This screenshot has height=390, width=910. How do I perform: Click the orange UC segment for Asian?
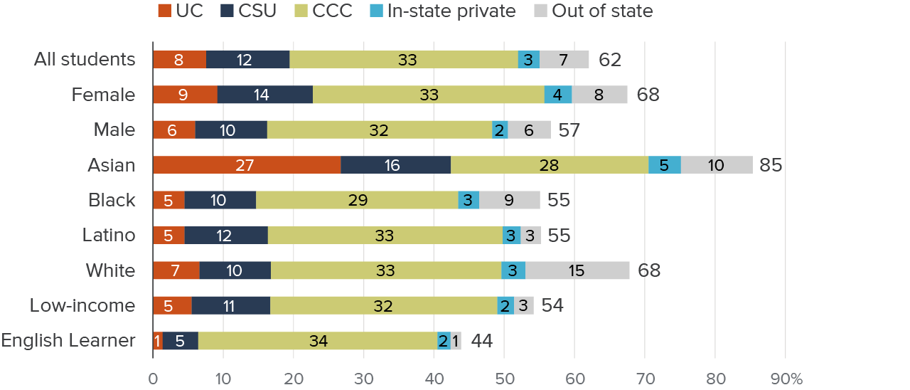(x=247, y=165)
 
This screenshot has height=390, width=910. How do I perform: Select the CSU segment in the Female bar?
(x=264, y=95)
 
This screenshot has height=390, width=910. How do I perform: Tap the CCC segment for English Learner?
(x=318, y=341)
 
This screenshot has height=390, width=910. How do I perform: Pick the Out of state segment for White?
(x=577, y=270)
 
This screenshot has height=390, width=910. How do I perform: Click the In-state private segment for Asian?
(x=664, y=165)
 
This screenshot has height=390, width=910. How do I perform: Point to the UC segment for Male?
(x=174, y=130)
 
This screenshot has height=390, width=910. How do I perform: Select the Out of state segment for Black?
(x=509, y=200)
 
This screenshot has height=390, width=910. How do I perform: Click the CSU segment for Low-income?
(x=230, y=306)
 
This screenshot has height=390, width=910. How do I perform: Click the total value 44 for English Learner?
(x=482, y=341)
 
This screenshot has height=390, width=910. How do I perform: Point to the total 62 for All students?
(x=610, y=60)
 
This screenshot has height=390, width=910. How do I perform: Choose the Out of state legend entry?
(x=592, y=11)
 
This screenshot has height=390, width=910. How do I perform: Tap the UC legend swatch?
(x=164, y=11)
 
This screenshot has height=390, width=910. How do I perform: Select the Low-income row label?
(x=82, y=306)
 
